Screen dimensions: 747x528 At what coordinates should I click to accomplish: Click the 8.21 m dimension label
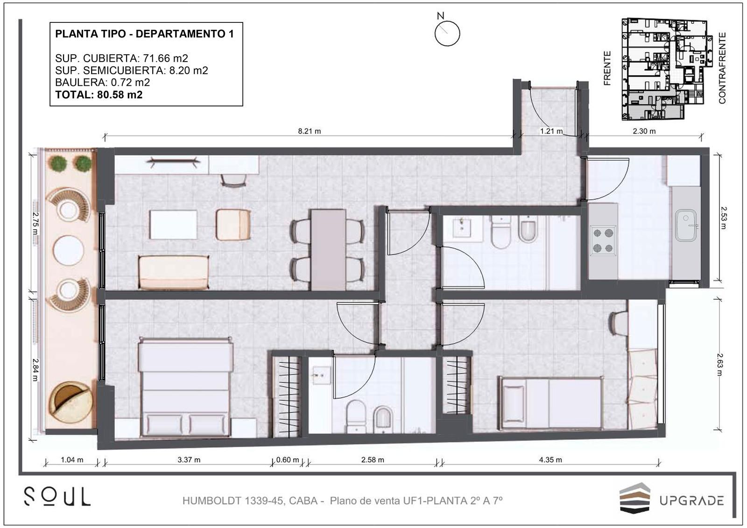pyautogui.click(x=310, y=131)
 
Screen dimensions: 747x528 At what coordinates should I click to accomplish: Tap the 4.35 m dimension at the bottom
pyautogui.click(x=550, y=460)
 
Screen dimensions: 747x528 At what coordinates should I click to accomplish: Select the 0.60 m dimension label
pyautogui.click(x=288, y=460)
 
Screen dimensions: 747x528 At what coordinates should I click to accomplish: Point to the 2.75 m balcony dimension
pyautogui.click(x=35, y=224)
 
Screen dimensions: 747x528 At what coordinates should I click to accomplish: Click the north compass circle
pyautogui.click(x=447, y=33)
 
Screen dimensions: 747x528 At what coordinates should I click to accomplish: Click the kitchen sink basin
pyautogui.click(x=686, y=225)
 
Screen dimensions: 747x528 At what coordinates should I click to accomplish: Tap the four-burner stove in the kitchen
pyautogui.click(x=603, y=240)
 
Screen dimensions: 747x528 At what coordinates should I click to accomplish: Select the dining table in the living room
pyautogui.click(x=328, y=250)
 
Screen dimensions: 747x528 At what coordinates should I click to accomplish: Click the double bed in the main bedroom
pyautogui.click(x=185, y=387)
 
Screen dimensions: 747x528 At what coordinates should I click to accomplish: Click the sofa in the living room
pyautogui.click(x=174, y=273)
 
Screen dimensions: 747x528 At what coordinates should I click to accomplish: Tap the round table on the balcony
pyautogui.click(x=68, y=251)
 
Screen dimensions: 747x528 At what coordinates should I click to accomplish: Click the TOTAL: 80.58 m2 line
pyautogui.click(x=99, y=95)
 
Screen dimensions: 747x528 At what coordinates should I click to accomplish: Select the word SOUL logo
pyautogui.click(x=57, y=497)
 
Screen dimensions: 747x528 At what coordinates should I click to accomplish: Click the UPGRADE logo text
pyautogui.click(x=691, y=500)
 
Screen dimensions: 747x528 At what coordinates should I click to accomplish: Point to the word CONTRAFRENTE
pyautogui.click(x=722, y=68)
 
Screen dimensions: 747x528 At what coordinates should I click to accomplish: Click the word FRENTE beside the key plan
pyautogui.click(x=607, y=68)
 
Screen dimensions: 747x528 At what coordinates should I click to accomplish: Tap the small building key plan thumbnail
pyautogui.click(x=663, y=69)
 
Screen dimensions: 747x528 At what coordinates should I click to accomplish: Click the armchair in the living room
pyautogui.click(x=233, y=225)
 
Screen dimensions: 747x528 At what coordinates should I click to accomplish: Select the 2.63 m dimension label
pyautogui.click(x=719, y=365)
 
